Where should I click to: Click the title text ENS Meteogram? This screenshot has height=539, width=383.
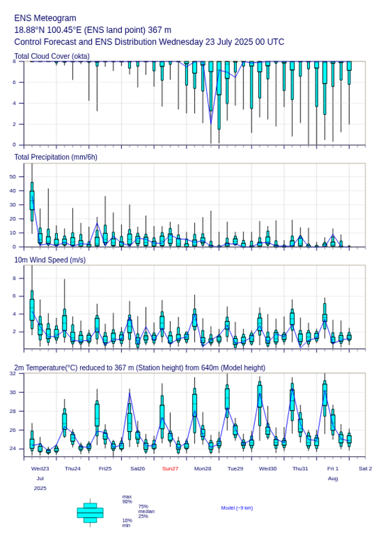point(45,18)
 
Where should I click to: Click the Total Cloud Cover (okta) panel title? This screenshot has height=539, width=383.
point(51,56)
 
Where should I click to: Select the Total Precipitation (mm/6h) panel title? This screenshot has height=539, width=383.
point(55,157)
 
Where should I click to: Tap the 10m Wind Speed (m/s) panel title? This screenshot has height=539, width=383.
point(49,259)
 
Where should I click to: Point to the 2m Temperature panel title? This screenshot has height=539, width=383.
point(140,368)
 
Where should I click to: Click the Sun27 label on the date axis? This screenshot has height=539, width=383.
point(170,468)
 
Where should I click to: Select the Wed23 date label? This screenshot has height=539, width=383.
point(40,468)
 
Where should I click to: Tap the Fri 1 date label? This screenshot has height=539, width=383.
point(333,468)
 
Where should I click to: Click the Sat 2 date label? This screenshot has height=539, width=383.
point(365,468)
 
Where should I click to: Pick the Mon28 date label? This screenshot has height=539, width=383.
point(203,468)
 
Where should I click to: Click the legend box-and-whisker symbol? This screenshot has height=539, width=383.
point(90,513)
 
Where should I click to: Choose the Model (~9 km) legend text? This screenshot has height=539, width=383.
point(237,508)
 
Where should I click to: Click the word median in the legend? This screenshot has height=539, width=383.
point(146,511)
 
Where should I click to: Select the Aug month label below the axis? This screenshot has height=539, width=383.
point(333,479)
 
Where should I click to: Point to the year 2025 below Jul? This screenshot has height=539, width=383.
point(40,488)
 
